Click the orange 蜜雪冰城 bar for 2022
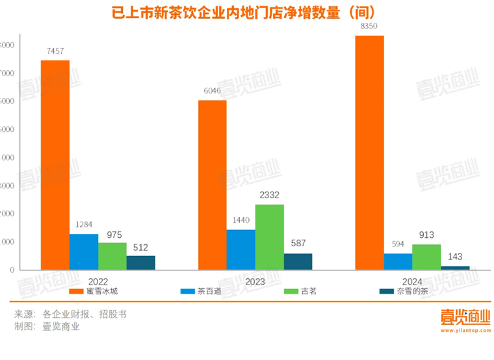[55, 165]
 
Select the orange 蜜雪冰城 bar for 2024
[369, 153]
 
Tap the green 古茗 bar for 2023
[269, 237]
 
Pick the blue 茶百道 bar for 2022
[84, 251]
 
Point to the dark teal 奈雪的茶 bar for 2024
[454, 268]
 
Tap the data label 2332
[269, 194]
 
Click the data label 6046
[213, 92]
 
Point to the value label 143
[454, 257]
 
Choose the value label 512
[141, 246]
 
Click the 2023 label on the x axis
[255, 281]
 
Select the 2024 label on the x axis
[412, 281]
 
